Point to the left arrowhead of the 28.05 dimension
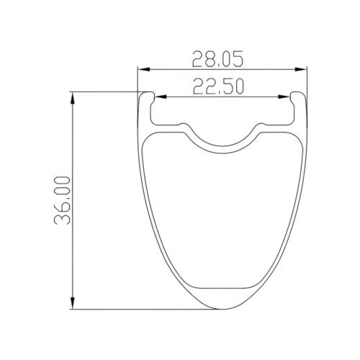(x=143, y=69)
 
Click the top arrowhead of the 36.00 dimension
(x=75, y=96)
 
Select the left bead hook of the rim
(x=147, y=97)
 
